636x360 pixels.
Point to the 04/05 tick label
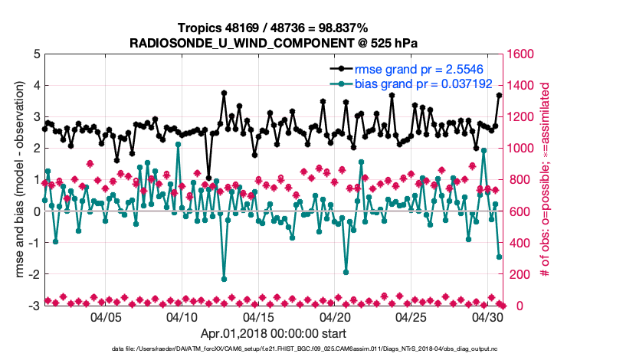[107, 316]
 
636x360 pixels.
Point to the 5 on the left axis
[37, 54]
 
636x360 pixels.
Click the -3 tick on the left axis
[34, 306]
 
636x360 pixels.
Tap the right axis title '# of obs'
[546, 180]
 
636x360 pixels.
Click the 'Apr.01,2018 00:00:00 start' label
[273, 333]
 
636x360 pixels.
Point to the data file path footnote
[273, 349]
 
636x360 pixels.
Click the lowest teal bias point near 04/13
[224, 279]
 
